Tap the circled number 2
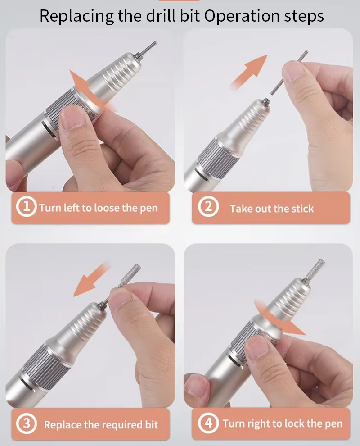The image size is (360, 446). pos(208,207)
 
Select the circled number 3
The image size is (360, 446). pos(27,423)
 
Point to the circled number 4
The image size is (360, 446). pos(208,423)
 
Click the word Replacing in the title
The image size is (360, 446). pos(76,16)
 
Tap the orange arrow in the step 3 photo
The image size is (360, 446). pos(91,280)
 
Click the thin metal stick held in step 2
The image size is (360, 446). pos(289,72)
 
